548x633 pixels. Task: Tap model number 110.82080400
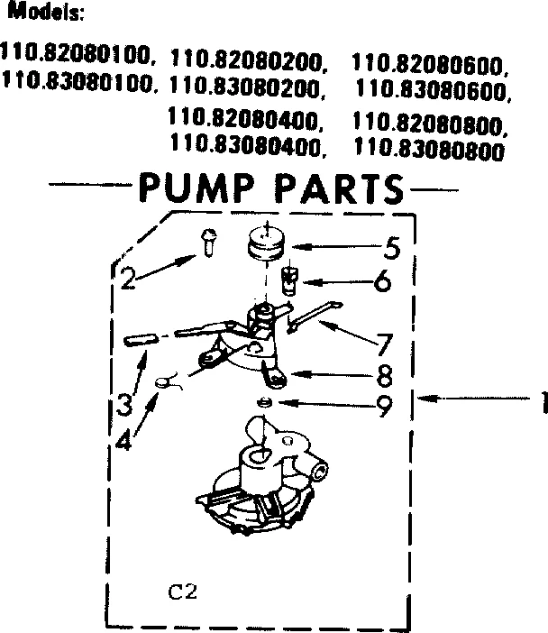(x=246, y=119)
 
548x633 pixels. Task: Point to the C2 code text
(x=183, y=593)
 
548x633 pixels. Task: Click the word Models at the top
(x=45, y=14)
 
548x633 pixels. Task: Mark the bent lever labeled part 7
(x=314, y=313)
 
